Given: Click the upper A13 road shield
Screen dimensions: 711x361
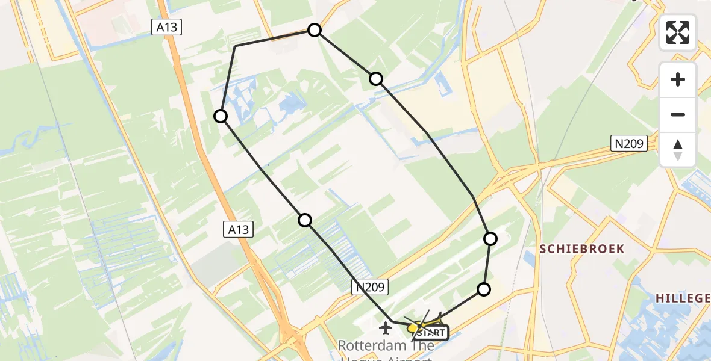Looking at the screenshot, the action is coord(166,27).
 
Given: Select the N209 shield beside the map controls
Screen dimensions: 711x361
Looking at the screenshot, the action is coord(629,143).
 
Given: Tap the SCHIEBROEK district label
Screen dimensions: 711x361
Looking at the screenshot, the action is coord(581,249).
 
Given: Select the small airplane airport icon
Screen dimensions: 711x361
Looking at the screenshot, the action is coord(386,329).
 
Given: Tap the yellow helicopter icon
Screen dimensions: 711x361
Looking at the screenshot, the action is coord(414,328).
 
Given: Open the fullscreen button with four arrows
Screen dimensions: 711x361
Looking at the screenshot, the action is coord(678,32).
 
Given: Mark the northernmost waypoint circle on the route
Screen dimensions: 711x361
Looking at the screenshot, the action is coord(315,30).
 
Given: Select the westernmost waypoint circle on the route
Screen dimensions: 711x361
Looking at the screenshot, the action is coord(221,116).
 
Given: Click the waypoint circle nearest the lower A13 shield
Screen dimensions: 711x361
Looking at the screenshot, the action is coord(305,220).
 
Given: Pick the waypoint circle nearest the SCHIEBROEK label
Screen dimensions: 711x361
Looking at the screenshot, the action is coord(490,239).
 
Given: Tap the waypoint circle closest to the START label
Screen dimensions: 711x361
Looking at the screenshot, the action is coord(484,289).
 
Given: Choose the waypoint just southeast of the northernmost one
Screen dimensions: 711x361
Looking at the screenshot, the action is coord(376,78).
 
